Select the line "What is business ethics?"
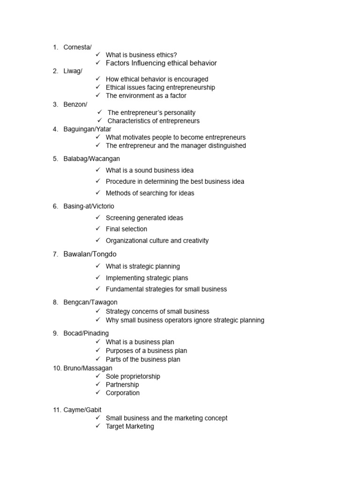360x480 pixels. [x=141, y=55]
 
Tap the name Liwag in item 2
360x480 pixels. [x=72, y=71]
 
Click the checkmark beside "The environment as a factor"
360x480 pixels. [x=98, y=96]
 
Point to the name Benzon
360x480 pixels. [x=75, y=104]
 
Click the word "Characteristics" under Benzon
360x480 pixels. [x=129, y=121]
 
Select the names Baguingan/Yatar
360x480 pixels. [x=88, y=129]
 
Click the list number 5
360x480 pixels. [x=55, y=159]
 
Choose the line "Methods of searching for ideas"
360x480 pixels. [x=150, y=193]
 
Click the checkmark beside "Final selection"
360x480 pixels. [x=98, y=229]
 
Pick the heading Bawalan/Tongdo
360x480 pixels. [x=90, y=254]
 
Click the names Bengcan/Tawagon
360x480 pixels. [x=90, y=302]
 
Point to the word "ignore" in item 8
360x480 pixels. [x=187, y=320]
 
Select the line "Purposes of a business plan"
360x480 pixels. [x=146, y=351]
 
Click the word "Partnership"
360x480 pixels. [x=122, y=384]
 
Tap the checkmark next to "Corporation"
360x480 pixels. [x=98, y=393]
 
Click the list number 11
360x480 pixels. [x=57, y=410]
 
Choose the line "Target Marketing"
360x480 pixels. [x=130, y=427]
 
